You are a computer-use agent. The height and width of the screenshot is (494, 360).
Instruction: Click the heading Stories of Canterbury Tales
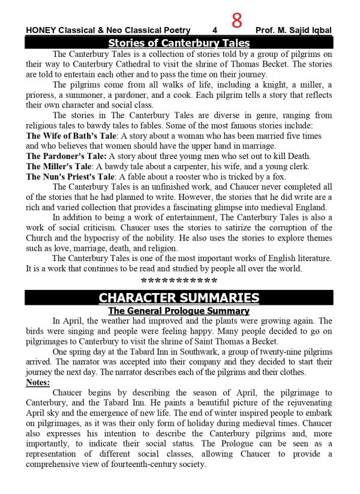(x=179, y=43)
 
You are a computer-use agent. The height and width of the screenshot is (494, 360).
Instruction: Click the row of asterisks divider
(x=179, y=281)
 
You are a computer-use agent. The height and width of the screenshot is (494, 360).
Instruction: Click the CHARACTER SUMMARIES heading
(x=179, y=298)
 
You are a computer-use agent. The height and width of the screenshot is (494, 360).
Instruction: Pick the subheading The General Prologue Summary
(x=179, y=311)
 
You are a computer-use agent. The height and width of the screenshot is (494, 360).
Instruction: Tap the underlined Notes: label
(x=38, y=382)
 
